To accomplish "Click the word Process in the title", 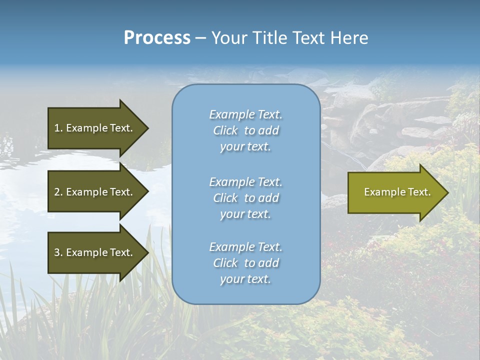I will (x=157, y=38).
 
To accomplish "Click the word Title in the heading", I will (x=270, y=38).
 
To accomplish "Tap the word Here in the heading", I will (x=349, y=38).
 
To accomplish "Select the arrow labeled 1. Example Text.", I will (x=95, y=128).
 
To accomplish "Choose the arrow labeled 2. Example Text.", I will (x=95, y=192).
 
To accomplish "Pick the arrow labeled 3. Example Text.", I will (x=95, y=252).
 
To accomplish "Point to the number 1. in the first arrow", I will (x=58, y=128).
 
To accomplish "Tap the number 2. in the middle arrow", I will (x=58, y=192).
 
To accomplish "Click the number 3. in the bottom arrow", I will (x=58, y=252).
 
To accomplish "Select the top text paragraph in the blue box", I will (x=245, y=130).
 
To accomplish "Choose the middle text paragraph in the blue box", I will (x=245, y=198).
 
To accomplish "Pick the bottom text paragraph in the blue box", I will (x=245, y=263).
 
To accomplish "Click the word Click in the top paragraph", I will (x=225, y=131).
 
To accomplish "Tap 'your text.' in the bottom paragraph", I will (x=245, y=279).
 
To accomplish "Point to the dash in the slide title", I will (x=200, y=38).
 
